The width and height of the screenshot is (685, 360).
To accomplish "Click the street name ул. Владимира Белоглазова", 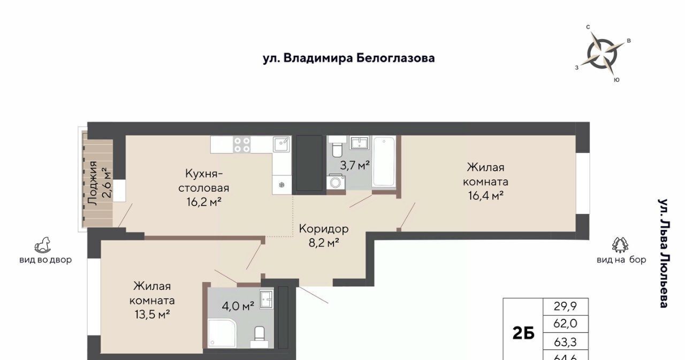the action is pyautogui.click(x=348, y=58).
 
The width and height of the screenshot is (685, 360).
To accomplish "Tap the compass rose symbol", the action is pyautogui.click(x=603, y=54).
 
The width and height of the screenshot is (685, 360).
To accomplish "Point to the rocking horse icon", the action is pyautogui.click(x=42, y=245).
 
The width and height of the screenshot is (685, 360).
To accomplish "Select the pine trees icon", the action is pyautogui.click(x=620, y=245).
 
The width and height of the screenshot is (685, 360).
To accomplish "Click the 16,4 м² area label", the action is pyautogui.click(x=485, y=196).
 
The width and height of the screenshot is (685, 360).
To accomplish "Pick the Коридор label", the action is pyautogui.click(x=324, y=229).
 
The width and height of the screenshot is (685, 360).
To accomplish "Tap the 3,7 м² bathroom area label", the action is pyautogui.click(x=355, y=165).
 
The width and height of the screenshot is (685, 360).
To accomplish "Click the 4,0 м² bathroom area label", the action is pyautogui.click(x=238, y=305).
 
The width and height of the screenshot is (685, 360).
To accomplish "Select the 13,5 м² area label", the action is pyautogui.click(x=153, y=314).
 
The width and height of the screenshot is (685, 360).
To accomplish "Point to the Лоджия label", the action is pyautogui.click(x=93, y=183).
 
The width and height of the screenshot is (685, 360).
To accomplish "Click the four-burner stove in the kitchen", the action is pyautogui.click(x=242, y=144).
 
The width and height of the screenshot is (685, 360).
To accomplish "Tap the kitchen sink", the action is pyautogui.click(x=281, y=144).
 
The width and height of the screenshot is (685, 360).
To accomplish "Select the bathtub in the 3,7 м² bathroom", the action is pyautogui.click(x=384, y=162).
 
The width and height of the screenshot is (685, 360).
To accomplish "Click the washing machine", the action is pyautogui.click(x=336, y=182).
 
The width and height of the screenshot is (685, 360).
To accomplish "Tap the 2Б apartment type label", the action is pyautogui.click(x=523, y=333).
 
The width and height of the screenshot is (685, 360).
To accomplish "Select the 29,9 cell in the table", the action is pyautogui.click(x=566, y=306).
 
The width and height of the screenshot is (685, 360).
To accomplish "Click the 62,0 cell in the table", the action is pyautogui.click(x=566, y=323).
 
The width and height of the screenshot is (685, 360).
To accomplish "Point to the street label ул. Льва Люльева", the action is pyautogui.click(x=663, y=253).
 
